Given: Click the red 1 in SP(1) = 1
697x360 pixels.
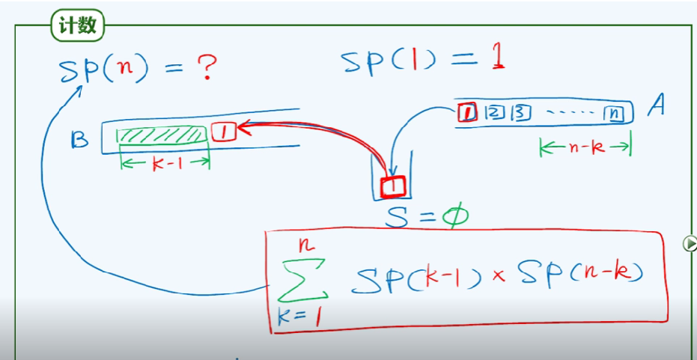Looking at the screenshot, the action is pyautogui.click(x=497, y=60).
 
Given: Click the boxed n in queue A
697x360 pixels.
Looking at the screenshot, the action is pyautogui.click(x=613, y=114).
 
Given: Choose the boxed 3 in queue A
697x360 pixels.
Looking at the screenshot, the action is pyautogui.click(x=520, y=113).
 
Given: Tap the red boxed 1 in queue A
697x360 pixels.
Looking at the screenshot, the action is pyautogui.click(x=467, y=113).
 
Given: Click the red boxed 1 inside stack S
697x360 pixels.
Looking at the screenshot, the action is pyautogui.click(x=393, y=185).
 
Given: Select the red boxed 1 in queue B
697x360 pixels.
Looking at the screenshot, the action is pyautogui.click(x=224, y=132).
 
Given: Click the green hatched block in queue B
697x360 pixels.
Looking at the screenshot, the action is pyautogui.click(x=162, y=135).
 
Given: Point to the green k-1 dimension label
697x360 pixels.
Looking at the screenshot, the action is pyautogui.click(x=163, y=163).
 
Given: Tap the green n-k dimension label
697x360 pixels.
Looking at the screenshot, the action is pyautogui.click(x=585, y=147).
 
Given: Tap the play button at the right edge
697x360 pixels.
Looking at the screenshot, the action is pyautogui.click(x=690, y=243).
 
